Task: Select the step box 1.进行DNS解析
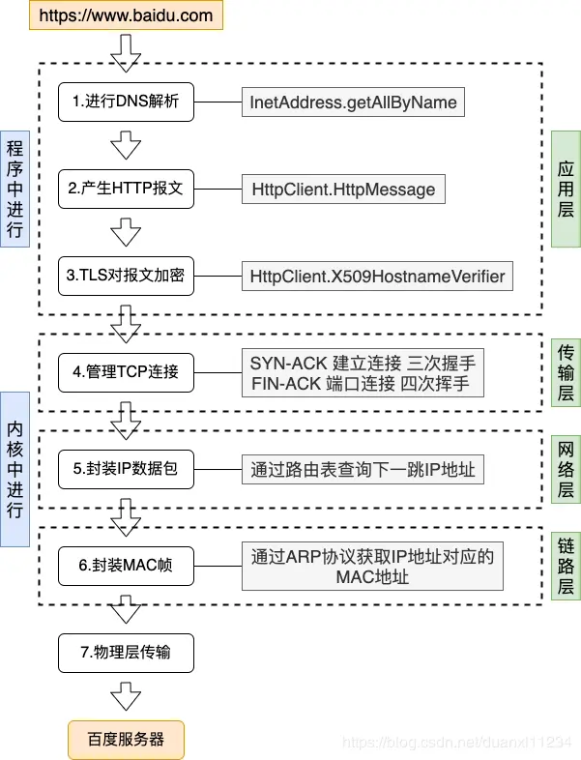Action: pos(126,102)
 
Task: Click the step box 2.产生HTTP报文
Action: pos(126,188)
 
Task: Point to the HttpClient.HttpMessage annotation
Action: pos(343,189)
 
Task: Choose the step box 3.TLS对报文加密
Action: pos(126,276)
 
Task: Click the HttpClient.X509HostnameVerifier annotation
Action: pos(377,277)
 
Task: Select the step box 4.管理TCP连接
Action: pos(126,371)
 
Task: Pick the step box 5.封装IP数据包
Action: pos(126,470)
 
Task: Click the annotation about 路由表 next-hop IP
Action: pos(363,470)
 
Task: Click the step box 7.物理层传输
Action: pos(126,652)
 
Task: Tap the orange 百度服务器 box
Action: pos(126,740)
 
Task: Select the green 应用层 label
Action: pos(566,189)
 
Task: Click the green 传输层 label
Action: pos(566,373)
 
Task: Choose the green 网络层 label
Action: pos(566,469)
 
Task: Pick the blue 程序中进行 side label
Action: pos(15,189)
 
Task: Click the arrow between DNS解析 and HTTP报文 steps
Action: pos(126,145)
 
